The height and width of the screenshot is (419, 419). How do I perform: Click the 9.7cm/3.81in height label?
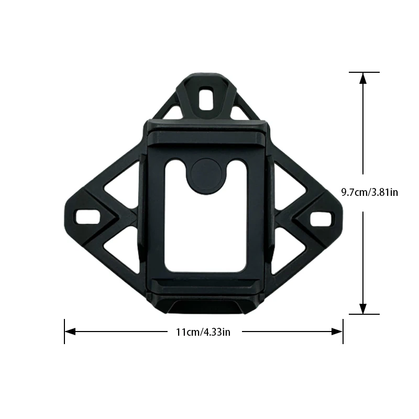[369, 192]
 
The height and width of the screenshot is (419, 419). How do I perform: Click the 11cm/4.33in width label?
[203, 332]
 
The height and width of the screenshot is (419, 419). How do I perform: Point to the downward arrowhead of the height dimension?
[363, 308]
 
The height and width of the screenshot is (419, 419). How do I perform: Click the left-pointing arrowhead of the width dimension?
[70, 332]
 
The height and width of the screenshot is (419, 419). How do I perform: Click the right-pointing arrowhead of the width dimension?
[337, 332]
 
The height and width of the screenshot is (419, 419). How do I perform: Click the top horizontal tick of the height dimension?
[363, 72]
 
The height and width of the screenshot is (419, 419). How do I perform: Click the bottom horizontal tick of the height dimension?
[363, 314]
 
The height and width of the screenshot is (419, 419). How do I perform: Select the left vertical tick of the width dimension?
[64, 332]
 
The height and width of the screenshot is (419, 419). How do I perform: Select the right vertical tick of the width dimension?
[343, 332]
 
